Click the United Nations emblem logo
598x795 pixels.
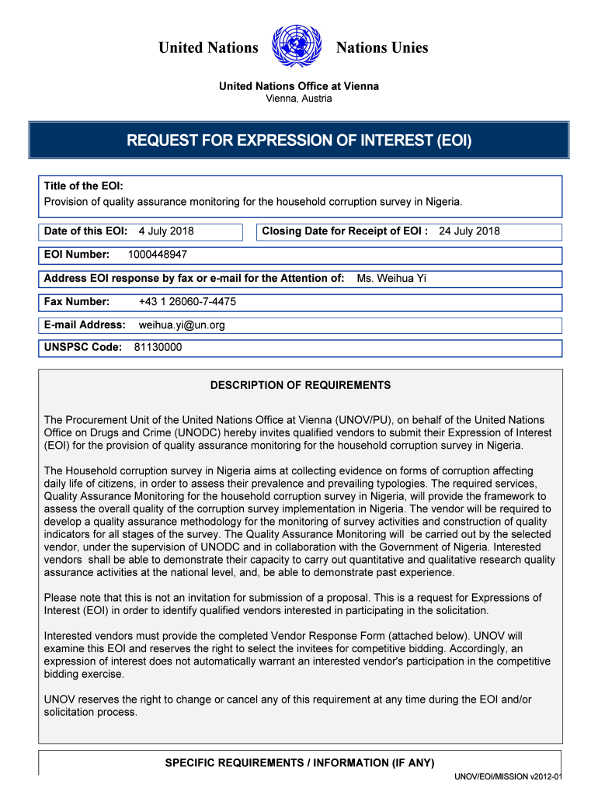(x=297, y=47)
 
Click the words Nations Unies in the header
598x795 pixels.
(x=381, y=48)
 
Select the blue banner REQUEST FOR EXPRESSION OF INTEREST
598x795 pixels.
(x=299, y=141)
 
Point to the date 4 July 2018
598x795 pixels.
(x=166, y=231)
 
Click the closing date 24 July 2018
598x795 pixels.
(x=469, y=231)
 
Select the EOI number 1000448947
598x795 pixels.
(x=158, y=255)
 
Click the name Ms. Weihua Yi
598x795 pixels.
(x=391, y=278)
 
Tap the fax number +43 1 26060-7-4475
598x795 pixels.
(x=187, y=301)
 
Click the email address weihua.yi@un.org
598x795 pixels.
(x=182, y=325)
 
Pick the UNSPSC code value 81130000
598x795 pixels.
(x=158, y=348)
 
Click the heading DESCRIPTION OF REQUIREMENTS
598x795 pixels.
(x=301, y=385)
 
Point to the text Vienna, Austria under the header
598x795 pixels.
(x=299, y=99)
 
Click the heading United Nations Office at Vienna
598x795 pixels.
(x=299, y=86)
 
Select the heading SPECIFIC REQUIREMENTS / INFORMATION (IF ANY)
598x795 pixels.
(x=300, y=763)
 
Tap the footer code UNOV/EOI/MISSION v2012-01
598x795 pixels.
(x=509, y=777)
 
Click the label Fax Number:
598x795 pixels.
(x=77, y=301)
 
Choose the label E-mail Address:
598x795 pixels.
(x=85, y=325)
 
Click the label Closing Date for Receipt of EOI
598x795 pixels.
(x=345, y=231)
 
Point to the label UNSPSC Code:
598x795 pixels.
(x=83, y=348)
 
